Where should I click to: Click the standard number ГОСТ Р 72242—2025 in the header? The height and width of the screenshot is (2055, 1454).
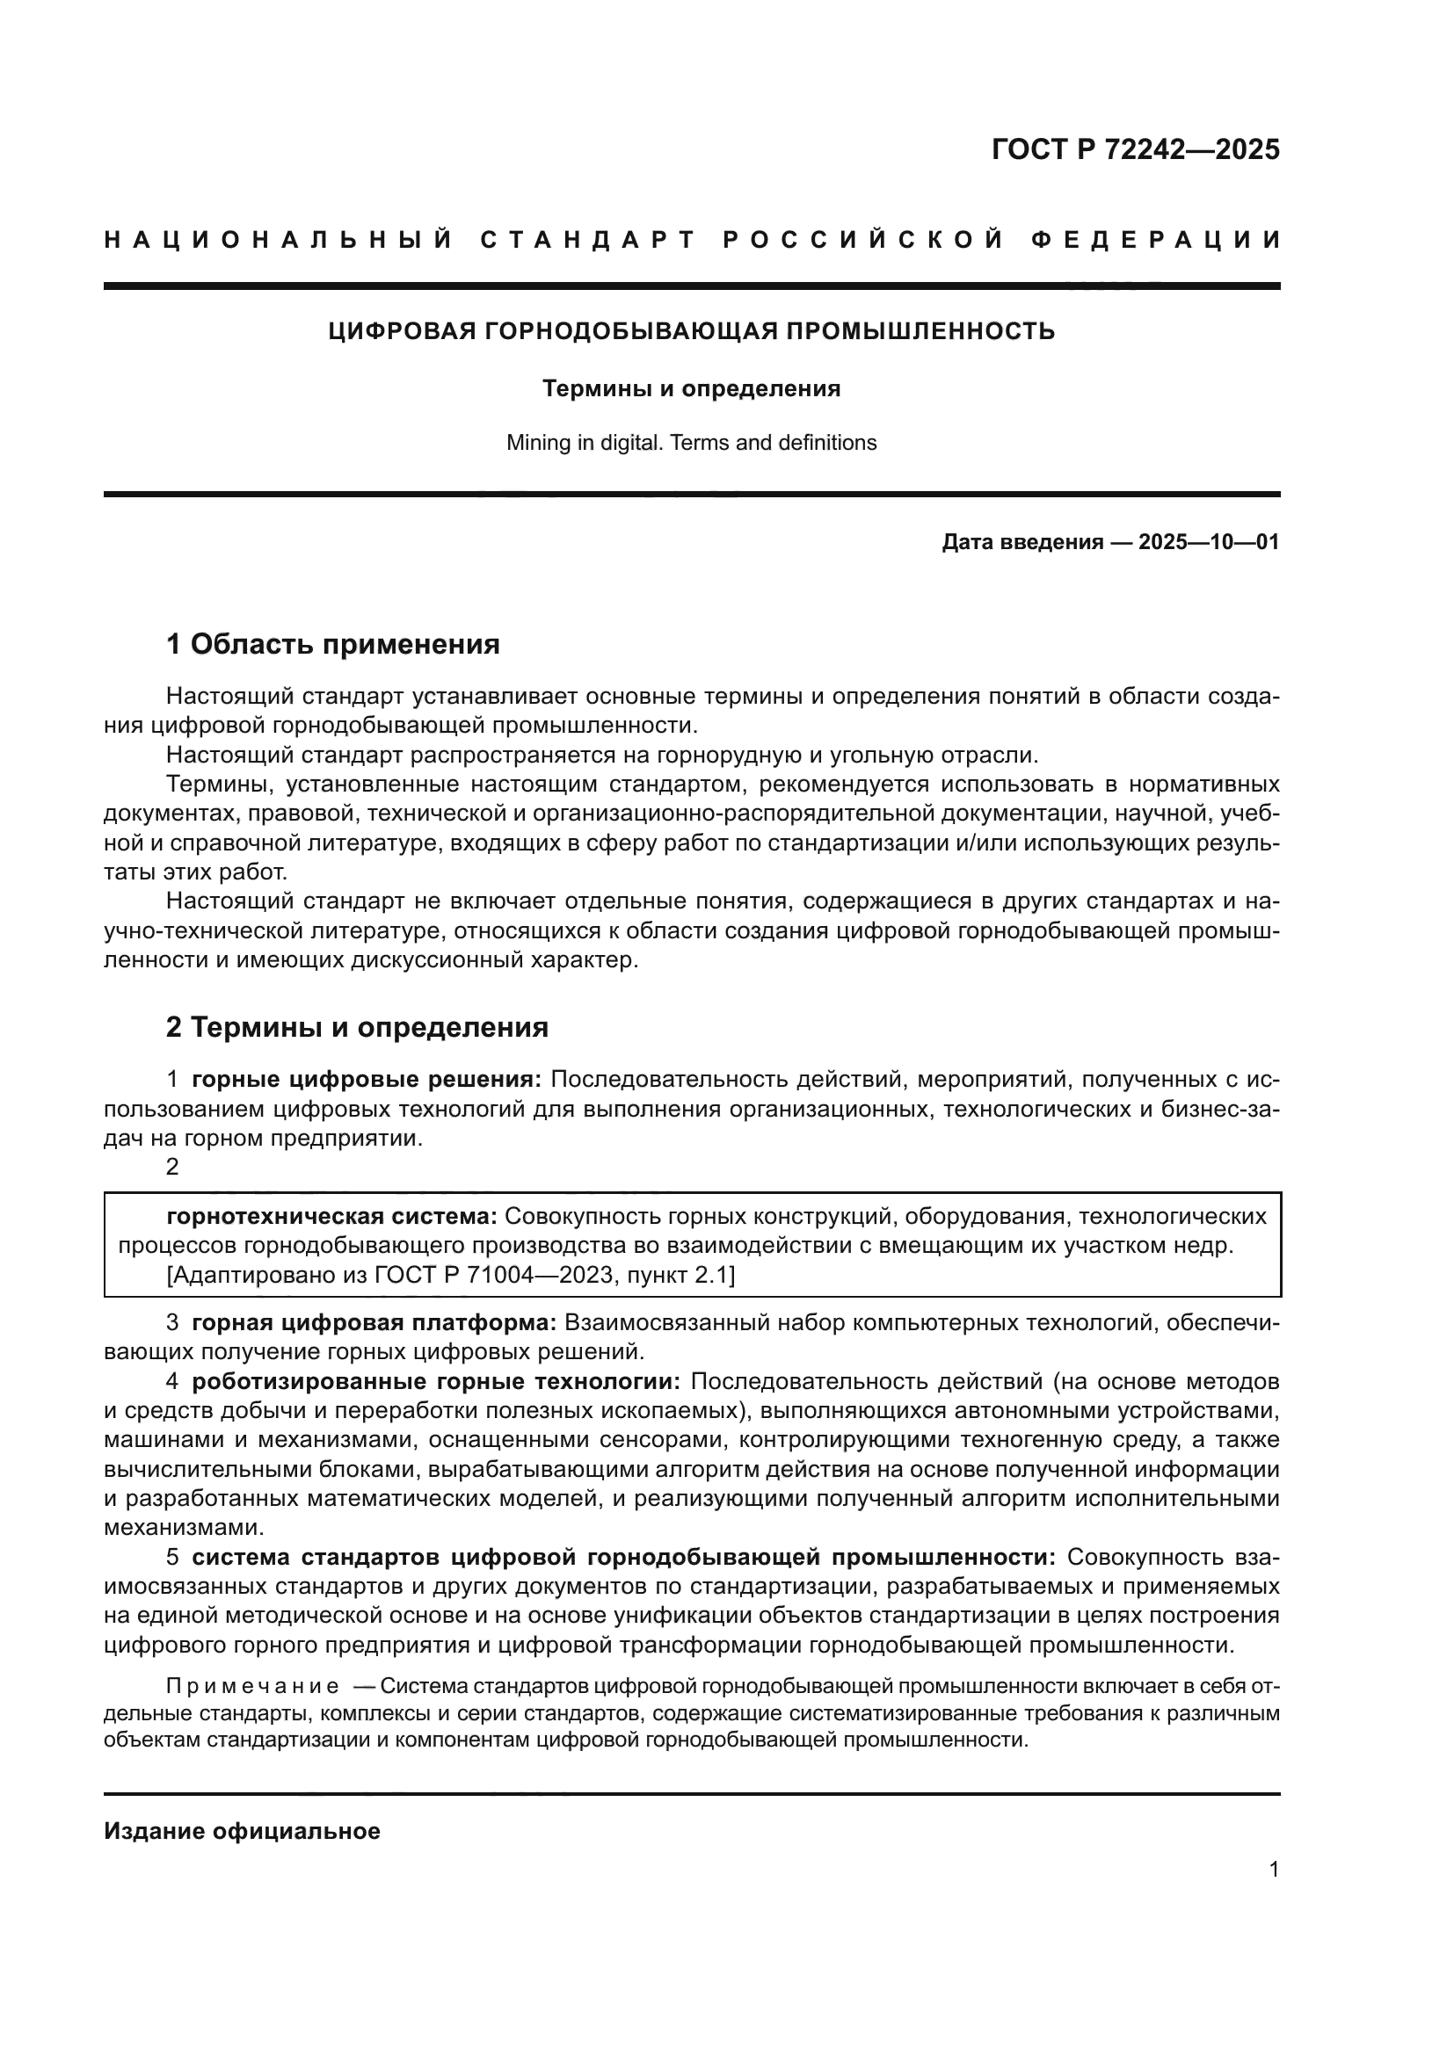[x=1135, y=149]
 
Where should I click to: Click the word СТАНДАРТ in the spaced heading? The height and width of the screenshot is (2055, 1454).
[x=588, y=240]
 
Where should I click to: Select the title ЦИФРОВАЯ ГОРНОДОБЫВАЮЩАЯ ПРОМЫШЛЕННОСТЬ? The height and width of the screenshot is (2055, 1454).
[x=691, y=331]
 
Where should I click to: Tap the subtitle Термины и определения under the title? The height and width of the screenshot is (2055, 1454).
[x=691, y=388]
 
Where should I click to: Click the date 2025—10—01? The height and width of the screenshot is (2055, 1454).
[x=1209, y=542]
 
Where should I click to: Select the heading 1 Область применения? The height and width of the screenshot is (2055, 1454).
[x=333, y=643]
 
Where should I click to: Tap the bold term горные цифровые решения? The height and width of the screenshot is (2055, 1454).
[x=367, y=1080]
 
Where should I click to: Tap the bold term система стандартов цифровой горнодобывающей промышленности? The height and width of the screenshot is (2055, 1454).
[x=624, y=1558]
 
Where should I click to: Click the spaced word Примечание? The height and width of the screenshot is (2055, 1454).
[x=252, y=1687]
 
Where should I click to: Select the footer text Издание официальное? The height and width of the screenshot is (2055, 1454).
[x=242, y=1831]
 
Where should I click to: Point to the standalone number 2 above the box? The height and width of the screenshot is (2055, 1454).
[x=173, y=1167]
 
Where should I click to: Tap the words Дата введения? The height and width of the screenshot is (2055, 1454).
[x=1021, y=542]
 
